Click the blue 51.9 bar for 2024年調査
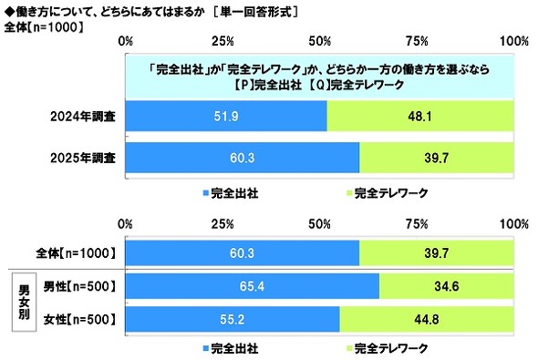tap(226, 115)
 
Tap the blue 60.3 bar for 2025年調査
tap(243, 157)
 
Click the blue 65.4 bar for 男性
tap(253, 286)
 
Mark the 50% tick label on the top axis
tap(320, 42)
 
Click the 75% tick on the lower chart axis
tap(418, 224)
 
